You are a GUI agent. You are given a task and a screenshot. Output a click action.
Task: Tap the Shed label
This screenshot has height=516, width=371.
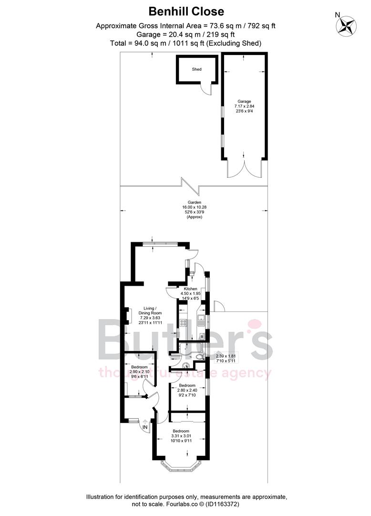[x=196, y=69]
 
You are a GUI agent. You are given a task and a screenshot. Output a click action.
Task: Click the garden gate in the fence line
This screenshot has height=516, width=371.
[x=189, y=183]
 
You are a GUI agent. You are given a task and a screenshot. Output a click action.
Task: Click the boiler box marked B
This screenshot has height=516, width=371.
[x=202, y=337]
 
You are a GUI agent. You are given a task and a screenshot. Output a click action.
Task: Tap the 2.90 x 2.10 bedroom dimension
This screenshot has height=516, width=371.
[x=139, y=372]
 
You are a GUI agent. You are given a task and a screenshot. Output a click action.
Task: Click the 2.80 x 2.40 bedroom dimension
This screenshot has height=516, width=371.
[x=186, y=391]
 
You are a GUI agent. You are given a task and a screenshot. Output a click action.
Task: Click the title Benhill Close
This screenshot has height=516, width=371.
[x=185, y=11]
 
